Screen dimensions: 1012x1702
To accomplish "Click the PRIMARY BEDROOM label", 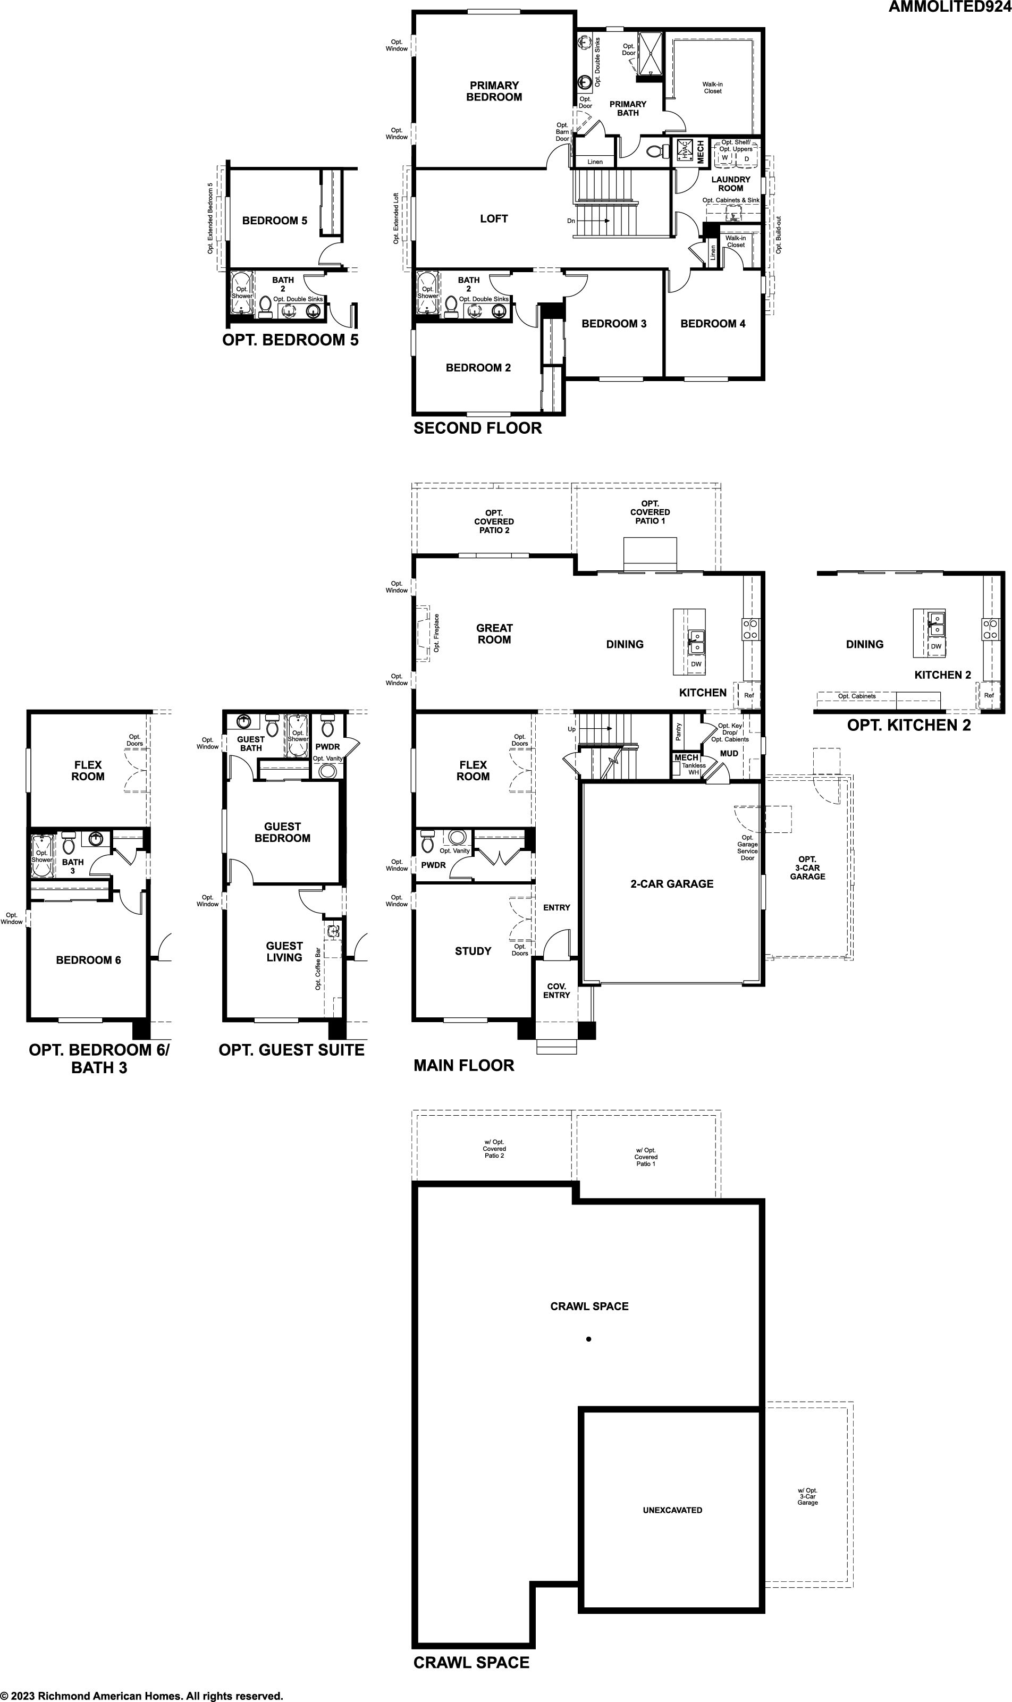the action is (x=494, y=91).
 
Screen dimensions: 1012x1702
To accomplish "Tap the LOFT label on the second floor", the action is (x=494, y=219).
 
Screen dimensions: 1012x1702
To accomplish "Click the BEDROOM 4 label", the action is (x=713, y=324).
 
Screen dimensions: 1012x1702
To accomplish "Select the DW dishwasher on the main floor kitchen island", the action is (x=696, y=664).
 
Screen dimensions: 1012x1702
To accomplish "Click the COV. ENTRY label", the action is (x=556, y=991).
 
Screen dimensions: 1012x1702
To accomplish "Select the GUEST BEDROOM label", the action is (x=282, y=832).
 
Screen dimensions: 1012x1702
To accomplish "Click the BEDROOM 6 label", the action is (x=89, y=960).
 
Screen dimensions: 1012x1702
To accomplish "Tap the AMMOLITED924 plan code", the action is (x=949, y=7).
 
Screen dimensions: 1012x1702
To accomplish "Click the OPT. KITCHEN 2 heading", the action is (x=909, y=726).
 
